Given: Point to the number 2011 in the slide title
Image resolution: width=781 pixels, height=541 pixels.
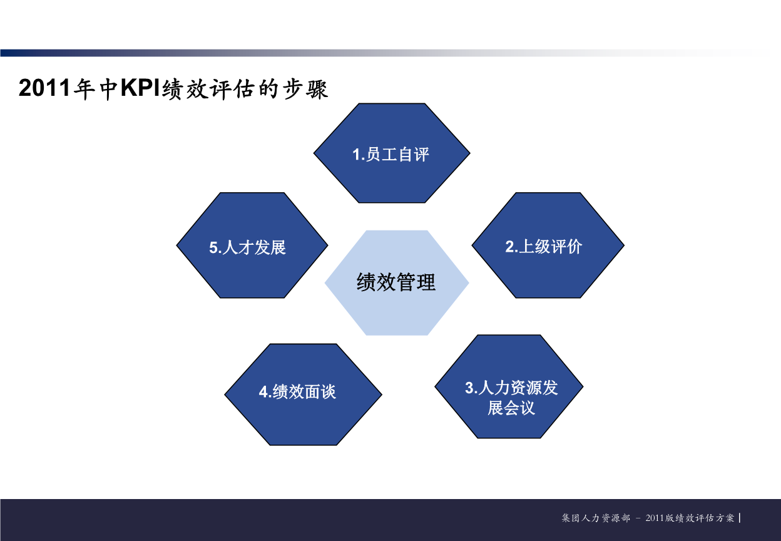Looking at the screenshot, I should [x=44, y=89].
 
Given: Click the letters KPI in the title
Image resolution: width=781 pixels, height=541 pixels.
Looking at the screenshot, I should [x=140, y=89].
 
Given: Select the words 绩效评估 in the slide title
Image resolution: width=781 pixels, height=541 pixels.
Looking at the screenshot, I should [x=207, y=89].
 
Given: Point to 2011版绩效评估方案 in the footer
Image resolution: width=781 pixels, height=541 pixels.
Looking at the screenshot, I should [x=690, y=518].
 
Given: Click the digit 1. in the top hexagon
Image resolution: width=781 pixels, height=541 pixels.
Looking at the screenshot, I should [x=358, y=155].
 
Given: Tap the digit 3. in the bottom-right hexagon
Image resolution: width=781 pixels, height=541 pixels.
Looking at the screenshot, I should [x=471, y=388].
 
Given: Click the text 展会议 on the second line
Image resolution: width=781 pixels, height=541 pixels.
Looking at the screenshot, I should [x=511, y=408].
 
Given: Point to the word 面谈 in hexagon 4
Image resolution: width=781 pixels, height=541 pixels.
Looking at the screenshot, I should [x=320, y=392].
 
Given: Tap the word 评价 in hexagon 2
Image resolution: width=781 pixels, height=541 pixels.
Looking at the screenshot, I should [x=566, y=247].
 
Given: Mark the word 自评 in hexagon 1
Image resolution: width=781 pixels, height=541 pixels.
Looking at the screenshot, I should [x=413, y=155].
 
